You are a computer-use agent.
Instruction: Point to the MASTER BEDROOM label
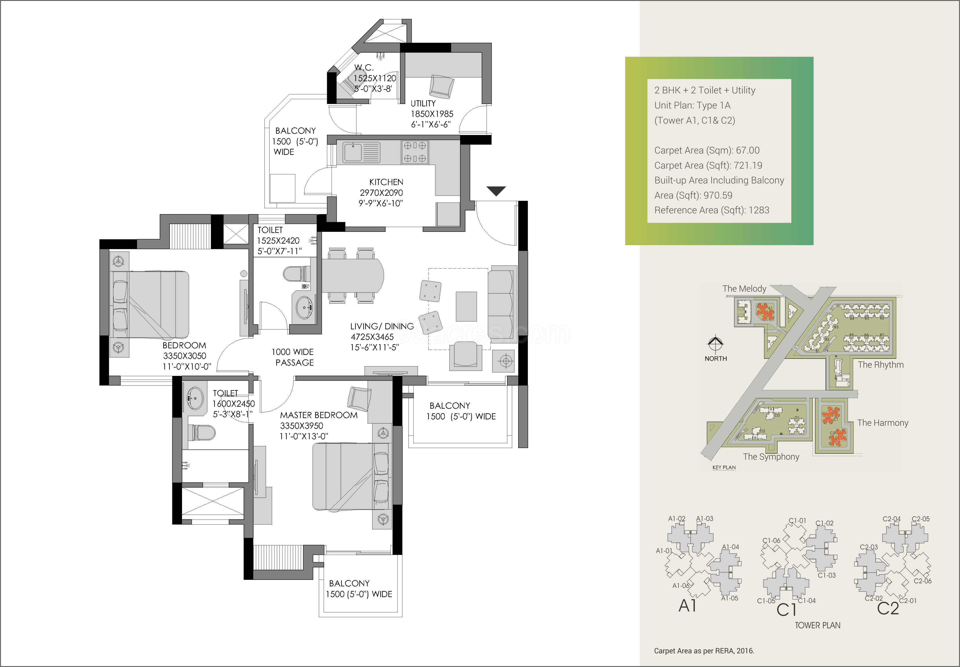(318, 415)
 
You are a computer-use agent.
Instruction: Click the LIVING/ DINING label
(381, 326)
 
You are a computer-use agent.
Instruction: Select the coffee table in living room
(466, 306)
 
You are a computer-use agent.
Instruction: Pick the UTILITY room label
(423, 103)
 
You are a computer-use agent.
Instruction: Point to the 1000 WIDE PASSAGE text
(293, 357)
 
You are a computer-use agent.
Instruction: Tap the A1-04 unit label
(730, 547)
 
